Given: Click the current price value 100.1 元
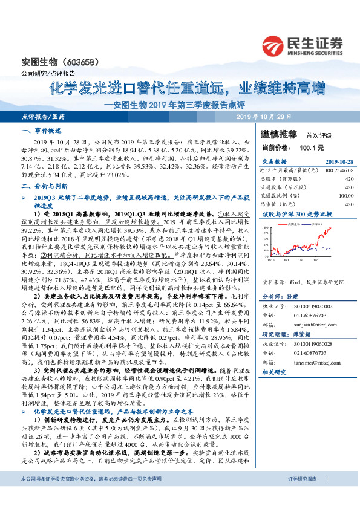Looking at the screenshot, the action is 313,147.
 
